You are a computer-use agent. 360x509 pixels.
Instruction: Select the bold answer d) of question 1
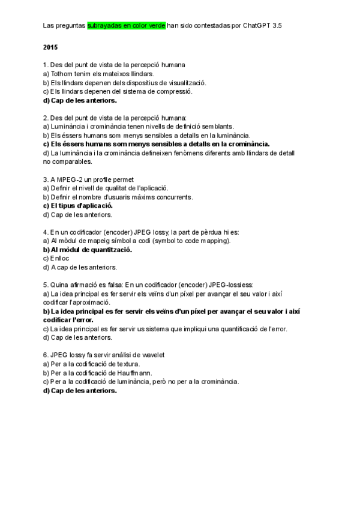pyautogui.click(x=80, y=100)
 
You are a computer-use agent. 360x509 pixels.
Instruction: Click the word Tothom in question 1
pyautogui.click(x=63, y=73)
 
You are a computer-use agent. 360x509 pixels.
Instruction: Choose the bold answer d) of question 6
pyautogui.click(x=80, y=390)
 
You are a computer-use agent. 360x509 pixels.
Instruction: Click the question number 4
pyautogui.click(x=46, y=232)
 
